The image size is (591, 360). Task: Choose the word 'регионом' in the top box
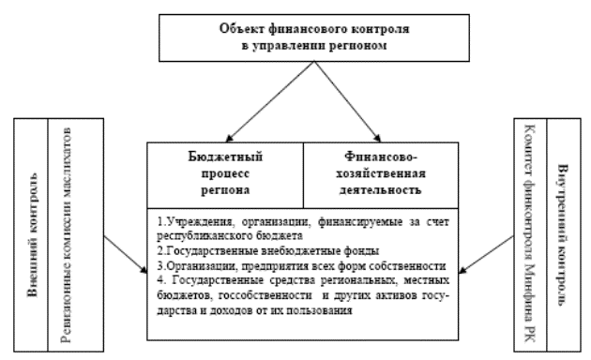pos(343,45)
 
